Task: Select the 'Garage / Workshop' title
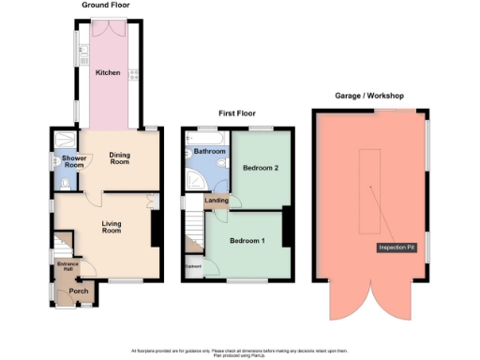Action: point(375,96)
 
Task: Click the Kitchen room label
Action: point(108,73)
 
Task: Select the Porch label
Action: point(77,292)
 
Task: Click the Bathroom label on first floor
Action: point(209,151)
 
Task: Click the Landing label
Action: point(217,200)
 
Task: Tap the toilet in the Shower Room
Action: point(60,186)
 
